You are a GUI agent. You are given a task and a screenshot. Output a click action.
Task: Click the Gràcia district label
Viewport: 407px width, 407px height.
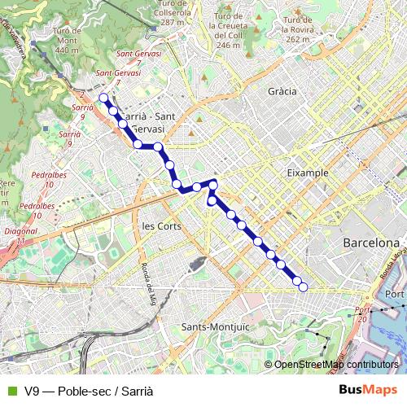click(282, 91)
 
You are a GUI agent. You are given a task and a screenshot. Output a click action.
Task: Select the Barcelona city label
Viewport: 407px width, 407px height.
click(370, 243)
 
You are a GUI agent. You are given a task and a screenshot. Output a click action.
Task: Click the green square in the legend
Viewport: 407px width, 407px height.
click(11, 391)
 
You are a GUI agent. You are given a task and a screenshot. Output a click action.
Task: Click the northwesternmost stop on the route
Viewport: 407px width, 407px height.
click(103, 98)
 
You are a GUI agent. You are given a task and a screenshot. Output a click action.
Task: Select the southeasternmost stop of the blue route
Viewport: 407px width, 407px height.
click(303, 287)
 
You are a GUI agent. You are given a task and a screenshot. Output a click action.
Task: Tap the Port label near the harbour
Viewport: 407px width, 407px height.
click(394, 294)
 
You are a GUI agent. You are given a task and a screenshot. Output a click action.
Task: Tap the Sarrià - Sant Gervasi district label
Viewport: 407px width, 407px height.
click(148, 123)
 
